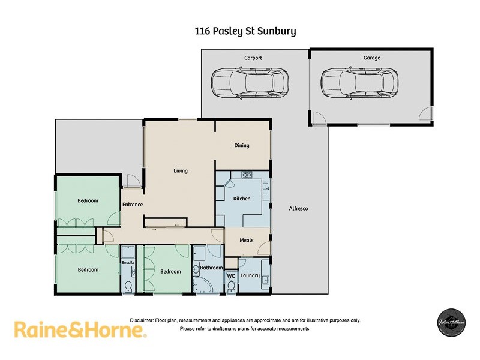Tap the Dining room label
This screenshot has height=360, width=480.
pos(242,145)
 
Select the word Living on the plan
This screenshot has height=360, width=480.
pos(181,171)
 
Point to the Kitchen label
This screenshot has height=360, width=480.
pos(242,199)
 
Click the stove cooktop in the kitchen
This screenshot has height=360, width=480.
pos(246,175)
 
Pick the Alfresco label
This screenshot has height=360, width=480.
pos(299,208)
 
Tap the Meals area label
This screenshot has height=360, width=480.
pos(247,240)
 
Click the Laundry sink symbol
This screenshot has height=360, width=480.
pos(265,280)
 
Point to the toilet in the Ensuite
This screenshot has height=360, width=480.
pos(128,287)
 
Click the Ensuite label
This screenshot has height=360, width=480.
pos(128,262)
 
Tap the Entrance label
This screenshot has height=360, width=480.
pos(133,205)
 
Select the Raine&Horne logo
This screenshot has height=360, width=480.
pos(80,329)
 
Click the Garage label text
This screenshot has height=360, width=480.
pos(371,58)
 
